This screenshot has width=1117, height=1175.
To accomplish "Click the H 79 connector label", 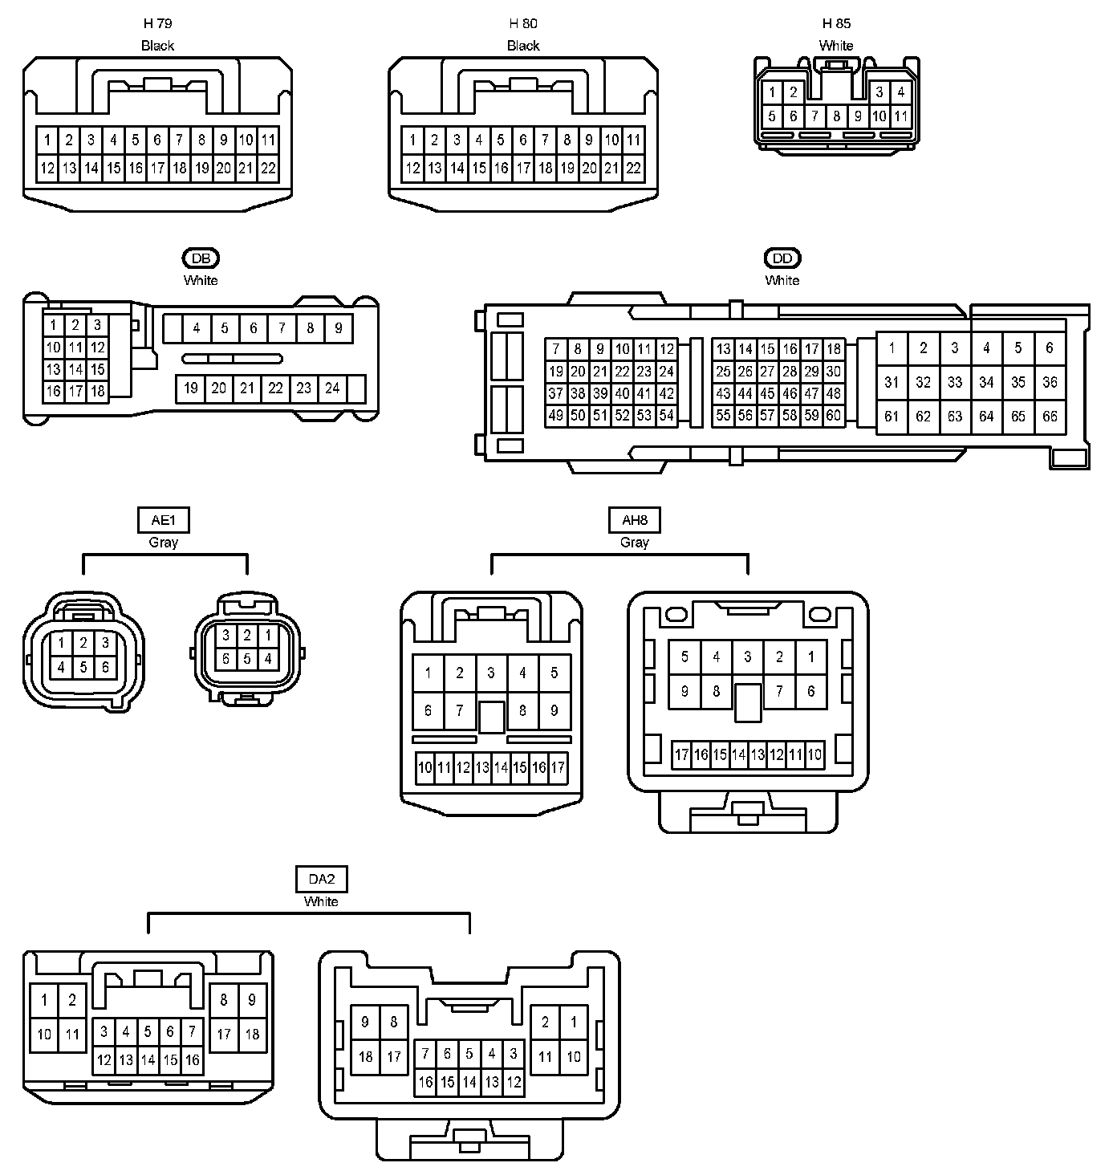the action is [157, 24].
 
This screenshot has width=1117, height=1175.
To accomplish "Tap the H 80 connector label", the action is [523, 24].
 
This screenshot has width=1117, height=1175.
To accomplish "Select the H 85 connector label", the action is [836, 24].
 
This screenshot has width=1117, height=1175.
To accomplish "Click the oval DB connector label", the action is [201, 258].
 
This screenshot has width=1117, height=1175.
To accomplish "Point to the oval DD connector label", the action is [782, 258].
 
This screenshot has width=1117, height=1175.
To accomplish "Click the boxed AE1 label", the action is [164, 520].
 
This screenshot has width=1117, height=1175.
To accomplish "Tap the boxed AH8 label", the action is [635, 520].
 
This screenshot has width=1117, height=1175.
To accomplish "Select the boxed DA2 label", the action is [321, 879].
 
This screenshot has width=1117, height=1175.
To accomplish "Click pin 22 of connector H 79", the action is [268, 169].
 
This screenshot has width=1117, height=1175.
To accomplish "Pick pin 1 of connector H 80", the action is [412, 140].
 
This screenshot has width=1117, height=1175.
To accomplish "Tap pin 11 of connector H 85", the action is [901, 116].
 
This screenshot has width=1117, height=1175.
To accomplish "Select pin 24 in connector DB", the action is [332, 388].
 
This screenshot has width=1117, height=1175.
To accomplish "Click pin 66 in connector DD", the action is [1050, 417].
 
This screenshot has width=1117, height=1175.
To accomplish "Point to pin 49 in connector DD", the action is [556, 416].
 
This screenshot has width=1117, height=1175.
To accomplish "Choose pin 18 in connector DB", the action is [98, 392].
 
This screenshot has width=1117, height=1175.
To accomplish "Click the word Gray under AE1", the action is [164, 543].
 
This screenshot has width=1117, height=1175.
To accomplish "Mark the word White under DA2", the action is [321, 902].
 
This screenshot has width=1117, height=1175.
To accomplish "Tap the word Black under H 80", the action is [523, 46].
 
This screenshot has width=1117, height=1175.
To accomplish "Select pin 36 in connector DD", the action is [1050, 382].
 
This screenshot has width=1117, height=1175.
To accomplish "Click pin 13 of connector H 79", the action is [70, 169].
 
